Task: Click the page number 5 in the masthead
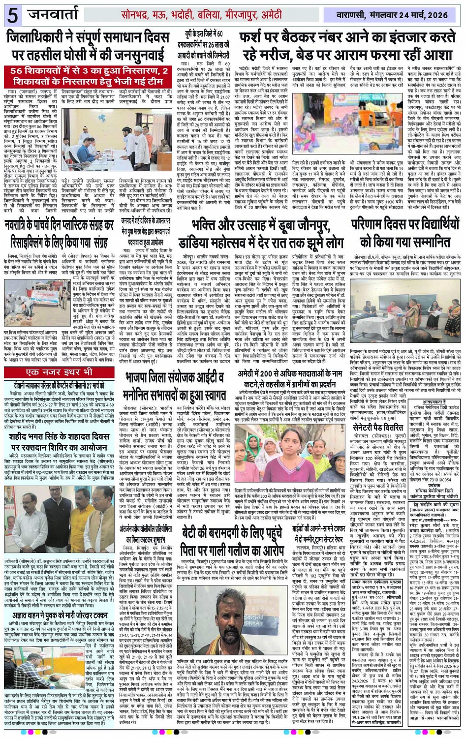pyautogui.click(x=13, y=16)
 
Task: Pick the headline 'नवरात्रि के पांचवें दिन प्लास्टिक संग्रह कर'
pyautogui.click(x=60, y=235)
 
